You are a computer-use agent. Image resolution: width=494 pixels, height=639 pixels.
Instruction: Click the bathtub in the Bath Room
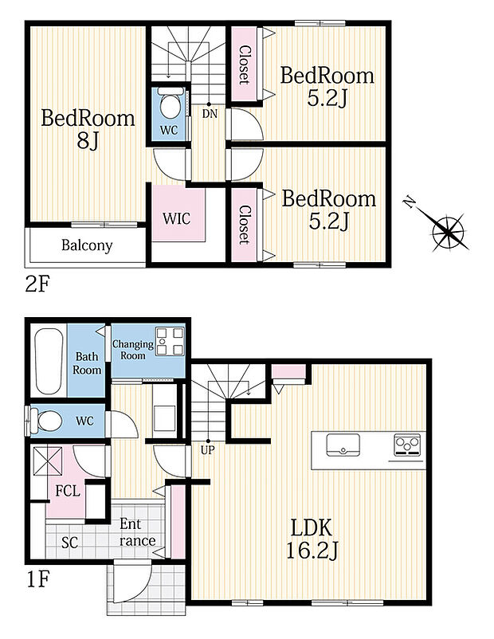click(49, 361)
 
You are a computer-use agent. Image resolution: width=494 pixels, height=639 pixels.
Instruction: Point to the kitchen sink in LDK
click(343, 445)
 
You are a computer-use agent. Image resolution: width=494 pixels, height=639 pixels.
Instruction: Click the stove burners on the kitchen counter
click(407, 445)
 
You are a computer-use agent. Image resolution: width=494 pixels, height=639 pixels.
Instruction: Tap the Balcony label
click(87, 245)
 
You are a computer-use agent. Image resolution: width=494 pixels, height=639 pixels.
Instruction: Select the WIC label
click(177, 218)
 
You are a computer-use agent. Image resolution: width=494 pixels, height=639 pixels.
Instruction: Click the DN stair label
click(210, 114)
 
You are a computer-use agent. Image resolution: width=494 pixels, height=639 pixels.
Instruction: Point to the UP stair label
click(208, 450)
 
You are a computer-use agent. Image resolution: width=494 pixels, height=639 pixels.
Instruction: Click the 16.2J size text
click(312, 551)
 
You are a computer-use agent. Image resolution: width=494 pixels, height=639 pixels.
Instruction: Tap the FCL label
click(68, 491)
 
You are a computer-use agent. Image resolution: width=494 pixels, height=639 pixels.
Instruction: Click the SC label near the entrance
click(69, 543)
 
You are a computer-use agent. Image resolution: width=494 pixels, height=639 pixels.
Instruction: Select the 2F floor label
click(37, 285)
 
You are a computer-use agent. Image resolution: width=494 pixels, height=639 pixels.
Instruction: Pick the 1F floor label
click(38, 579)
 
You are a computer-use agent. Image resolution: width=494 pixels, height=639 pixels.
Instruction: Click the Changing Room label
click(133, 350)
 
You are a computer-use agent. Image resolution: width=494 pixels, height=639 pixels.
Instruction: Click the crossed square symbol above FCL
click(48, 461)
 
